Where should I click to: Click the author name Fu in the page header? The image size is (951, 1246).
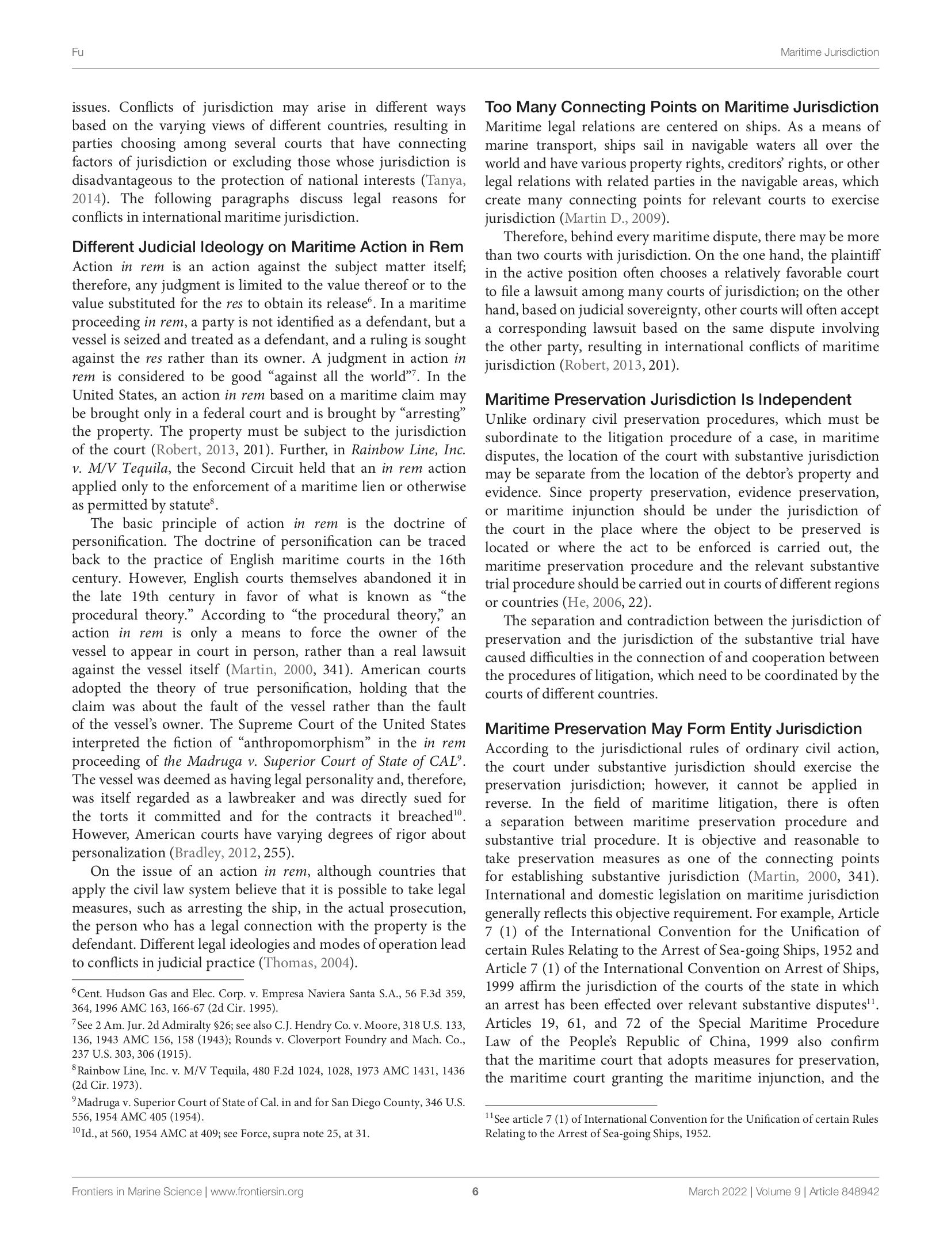[78, 52]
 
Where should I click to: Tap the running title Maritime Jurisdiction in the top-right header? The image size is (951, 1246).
[829, 52]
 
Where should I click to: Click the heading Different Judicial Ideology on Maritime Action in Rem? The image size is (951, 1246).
[268, 247]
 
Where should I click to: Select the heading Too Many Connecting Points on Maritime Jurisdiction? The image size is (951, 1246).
[682, 107]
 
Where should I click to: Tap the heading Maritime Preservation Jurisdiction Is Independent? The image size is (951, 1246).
[668, 400]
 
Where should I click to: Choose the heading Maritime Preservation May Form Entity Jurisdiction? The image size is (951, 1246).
[674, 729]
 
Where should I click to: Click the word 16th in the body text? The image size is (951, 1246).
[449, 560]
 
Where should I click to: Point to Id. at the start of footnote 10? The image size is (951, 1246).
[85, 1134]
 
